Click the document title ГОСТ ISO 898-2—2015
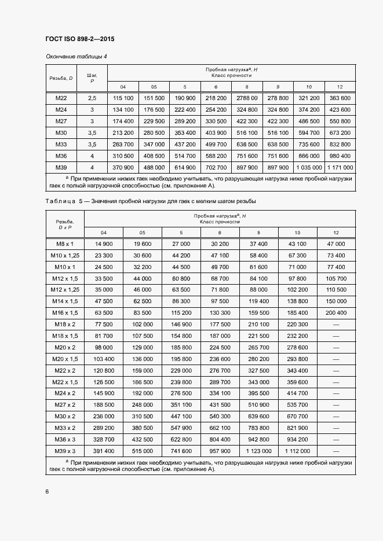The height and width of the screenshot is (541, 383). (80, 39)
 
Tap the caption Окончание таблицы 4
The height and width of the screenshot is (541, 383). (76, 56)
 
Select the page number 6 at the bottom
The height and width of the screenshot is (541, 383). (47, 491)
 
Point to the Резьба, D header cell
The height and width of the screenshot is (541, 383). (61, 78)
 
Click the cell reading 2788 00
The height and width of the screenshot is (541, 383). (247, 98)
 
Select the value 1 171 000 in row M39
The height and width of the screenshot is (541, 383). (340, 167)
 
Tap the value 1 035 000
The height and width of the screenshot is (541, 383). (309, 167)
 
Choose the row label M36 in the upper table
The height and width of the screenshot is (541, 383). (61, 156)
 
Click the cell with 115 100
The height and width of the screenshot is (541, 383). (123, 98)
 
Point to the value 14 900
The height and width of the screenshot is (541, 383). (104, 244)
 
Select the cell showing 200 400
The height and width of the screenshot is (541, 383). (335, 312)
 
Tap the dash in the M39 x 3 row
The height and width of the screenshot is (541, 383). (335, 451)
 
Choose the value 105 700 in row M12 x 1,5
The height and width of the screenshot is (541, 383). (335, 278)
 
